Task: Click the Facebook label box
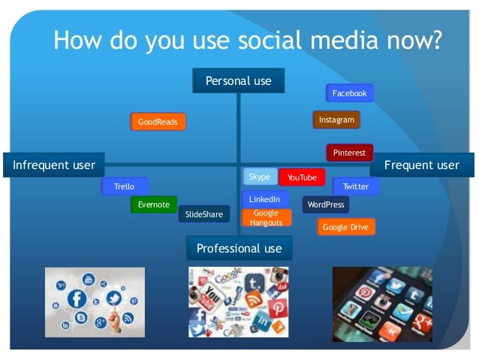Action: click(x=349, y=93)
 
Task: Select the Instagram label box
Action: click(x=336, y=119)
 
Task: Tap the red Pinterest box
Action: click(x=349, y=153)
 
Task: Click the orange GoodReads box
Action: click(x=157, y=121)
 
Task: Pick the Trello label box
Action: click(x=125, y=186)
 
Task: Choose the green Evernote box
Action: click(x=153, y=204)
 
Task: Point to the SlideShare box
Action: click(x=203, y=215)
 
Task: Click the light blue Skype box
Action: click(x=259, y=177)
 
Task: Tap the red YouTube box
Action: click(x=302, y=177)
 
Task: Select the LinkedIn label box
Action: click(x=265, y=199)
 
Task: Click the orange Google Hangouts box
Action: click(x=266, y=218)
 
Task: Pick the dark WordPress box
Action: click(x=326, y=204)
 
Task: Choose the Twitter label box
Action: click(x=355, y=186)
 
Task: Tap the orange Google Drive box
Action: click(x=345, y=226)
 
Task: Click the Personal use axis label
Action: click(x=239, y=81)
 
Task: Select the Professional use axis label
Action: click(x=239, y=248)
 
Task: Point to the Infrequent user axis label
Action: click(x=54, y=165)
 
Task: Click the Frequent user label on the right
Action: click(x=427, y=165)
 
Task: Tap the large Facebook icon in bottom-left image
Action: click(x=77, y=298)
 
